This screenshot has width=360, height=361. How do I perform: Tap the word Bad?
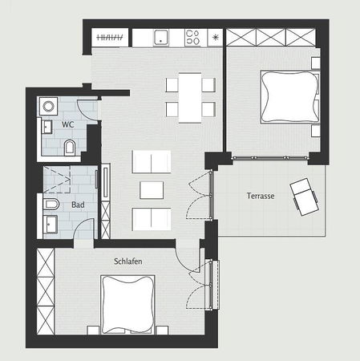(79, 205)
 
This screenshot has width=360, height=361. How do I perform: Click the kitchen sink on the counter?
(160, 37)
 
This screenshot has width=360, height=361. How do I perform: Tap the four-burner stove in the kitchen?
(193, 37)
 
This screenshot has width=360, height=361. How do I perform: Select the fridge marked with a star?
(215, 37)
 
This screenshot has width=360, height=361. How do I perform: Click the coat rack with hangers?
(110, 37)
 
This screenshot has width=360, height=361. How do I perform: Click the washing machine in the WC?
(47, 104)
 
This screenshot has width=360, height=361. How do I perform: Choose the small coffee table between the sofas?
(152, 190)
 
